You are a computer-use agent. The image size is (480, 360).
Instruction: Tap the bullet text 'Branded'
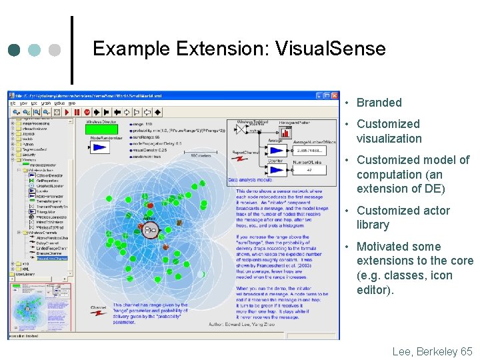(379, 103)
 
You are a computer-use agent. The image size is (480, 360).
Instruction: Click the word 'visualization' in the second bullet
(389, 139)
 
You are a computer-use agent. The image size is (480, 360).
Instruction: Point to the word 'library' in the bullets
(373, 225)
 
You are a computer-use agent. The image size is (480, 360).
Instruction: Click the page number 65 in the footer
(466, 351)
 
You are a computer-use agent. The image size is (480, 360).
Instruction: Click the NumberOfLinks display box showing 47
(310, 169)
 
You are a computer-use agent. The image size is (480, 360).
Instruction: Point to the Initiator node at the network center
(150, 231)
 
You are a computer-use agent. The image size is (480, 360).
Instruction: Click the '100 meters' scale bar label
(199, 156)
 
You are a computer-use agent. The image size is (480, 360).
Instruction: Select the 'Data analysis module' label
(249, 180)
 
